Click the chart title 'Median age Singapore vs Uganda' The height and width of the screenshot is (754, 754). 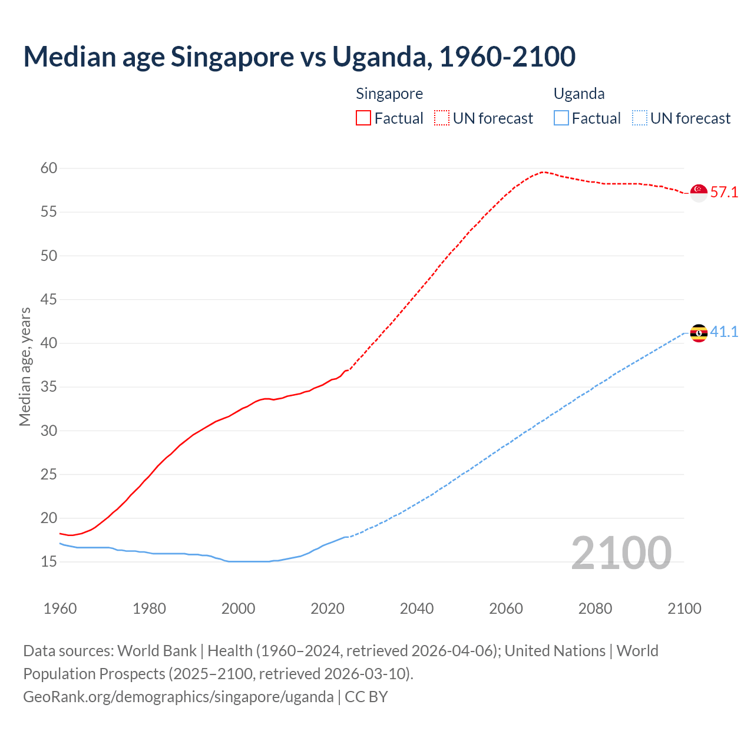pyautogui.click(x=299, y=57)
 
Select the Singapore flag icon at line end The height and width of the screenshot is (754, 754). pyautogui.click(x=699, y=192)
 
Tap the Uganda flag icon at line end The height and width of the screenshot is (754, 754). pyautogui.click(x=699, y=333)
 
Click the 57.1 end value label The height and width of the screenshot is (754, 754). pyautogui.click(x=724, y=192)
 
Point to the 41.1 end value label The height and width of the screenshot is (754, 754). pyautogui.click(x=724, y=332)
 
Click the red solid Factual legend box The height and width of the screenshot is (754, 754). pyautogui.click(x=363, y=118)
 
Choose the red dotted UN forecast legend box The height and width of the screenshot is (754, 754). pyautogui.click(x=442, y=118)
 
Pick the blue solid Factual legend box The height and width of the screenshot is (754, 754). pyautogui.click(x=561, y=118)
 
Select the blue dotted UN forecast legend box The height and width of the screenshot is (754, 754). pyautogui.click(x=640, y=118)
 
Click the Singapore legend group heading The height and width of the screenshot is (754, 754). pyautogui.click(x=389, y=94)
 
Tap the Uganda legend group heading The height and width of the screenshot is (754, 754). pyautogui.click(x=579, y=94)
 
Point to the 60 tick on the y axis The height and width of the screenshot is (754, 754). pyautogui.click(x=49, y=168)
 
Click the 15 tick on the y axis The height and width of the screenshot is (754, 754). pyautogui.click(x=49, y=562)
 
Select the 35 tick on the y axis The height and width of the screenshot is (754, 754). pyautogui.click(x=49, y=387)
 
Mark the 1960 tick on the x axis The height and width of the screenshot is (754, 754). pyautogui.click(x=60, y=609)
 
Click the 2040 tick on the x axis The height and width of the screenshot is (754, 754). pyautogui.click(x=416, y=609)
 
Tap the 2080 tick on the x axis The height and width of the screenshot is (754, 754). pyautogui.click(x=595, y=609)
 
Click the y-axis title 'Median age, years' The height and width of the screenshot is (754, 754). pyautogui.click(x=25, y=366)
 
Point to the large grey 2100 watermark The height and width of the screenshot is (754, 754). pyautogui.click(x=621, y=553)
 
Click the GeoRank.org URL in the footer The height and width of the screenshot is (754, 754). pyautogui.click(x=178, y=697)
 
